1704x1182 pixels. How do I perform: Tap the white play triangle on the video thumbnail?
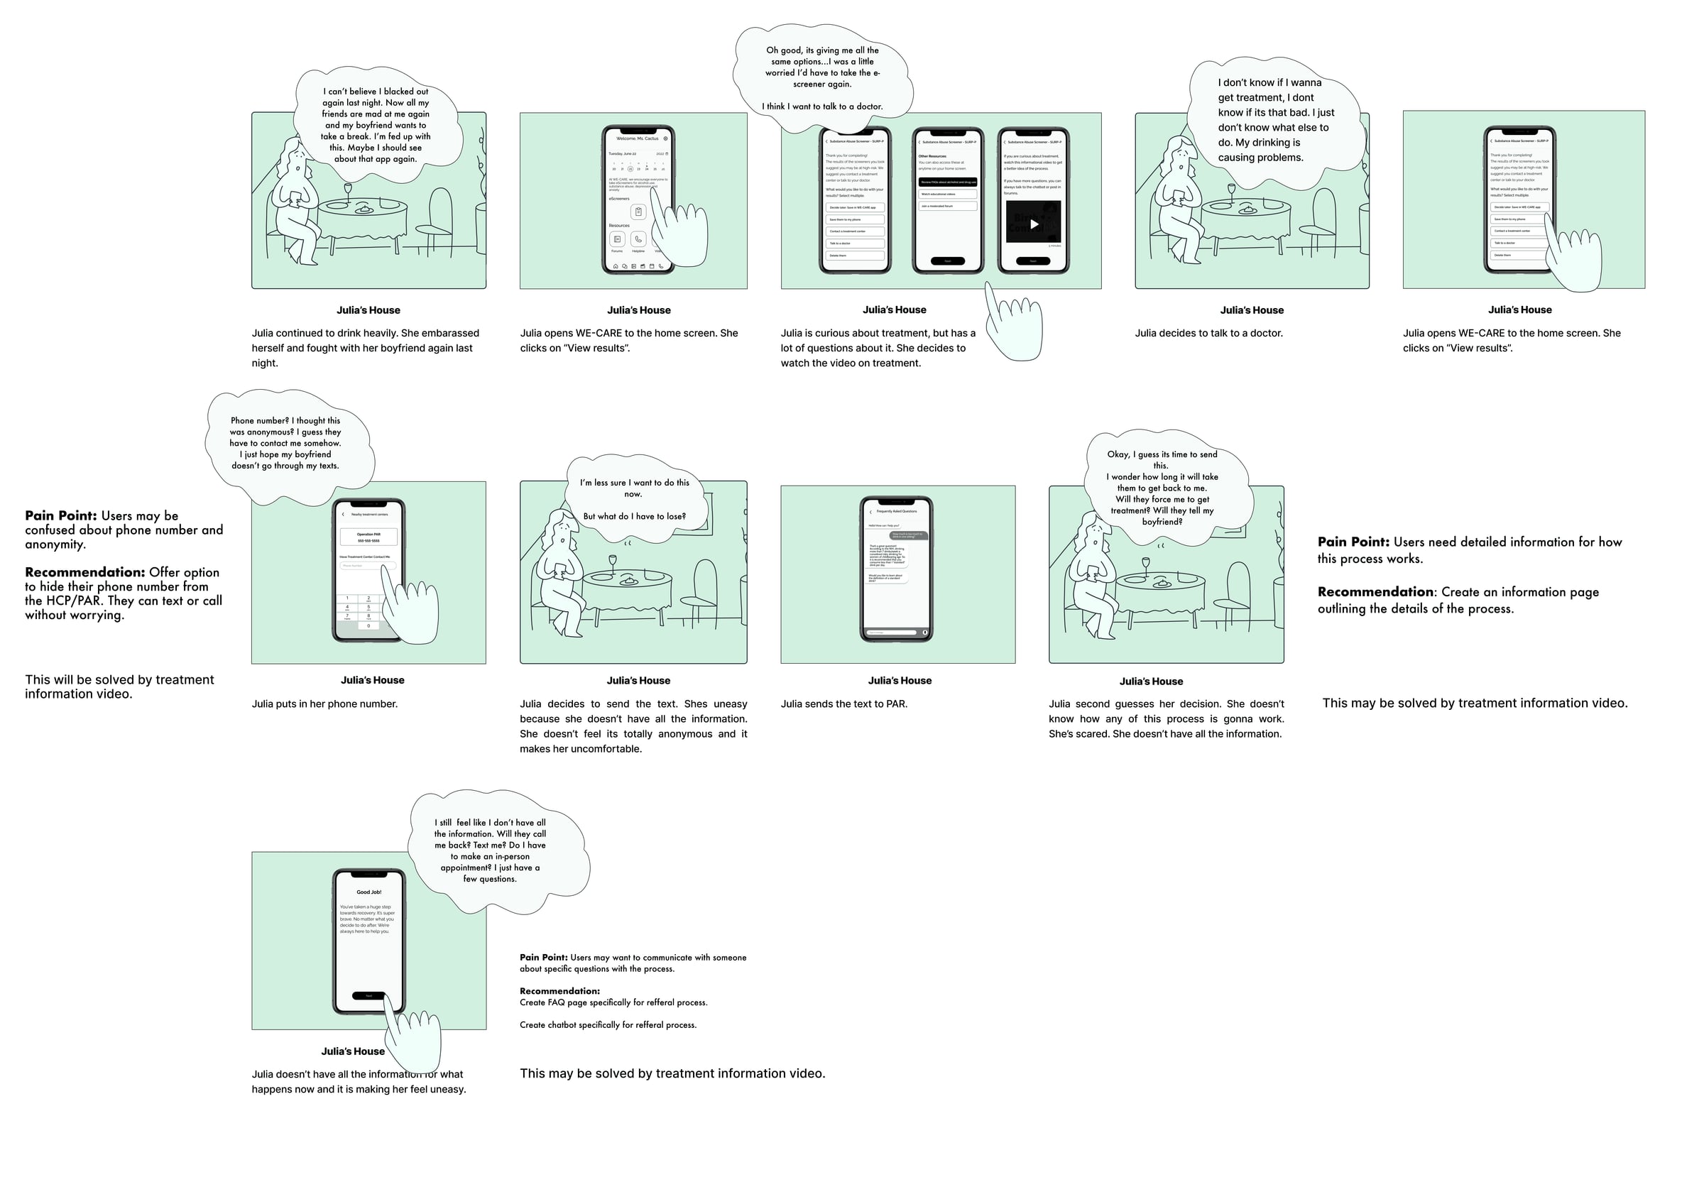coord(1034,224)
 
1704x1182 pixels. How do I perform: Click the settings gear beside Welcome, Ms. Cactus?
coord(665,138)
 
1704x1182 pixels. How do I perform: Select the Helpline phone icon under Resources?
coord(638,239)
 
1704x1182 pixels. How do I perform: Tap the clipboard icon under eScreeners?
coord(638,212)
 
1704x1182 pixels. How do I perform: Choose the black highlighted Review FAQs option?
coord(947,182)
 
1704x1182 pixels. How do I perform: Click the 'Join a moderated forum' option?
coord(947,206)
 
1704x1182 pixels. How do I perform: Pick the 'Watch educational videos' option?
coord(947,194)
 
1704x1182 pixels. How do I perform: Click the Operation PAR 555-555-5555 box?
coord(368,537)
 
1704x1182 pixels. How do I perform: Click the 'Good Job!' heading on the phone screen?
coord(368,892)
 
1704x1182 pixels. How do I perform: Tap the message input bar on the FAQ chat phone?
coord(892,633)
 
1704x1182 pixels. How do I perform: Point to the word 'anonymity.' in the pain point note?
coord(55,545)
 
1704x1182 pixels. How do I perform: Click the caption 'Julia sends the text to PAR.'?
coord(843,704)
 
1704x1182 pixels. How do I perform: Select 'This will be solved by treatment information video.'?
coord(119,686)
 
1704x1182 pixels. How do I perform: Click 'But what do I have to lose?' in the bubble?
coord(634,516)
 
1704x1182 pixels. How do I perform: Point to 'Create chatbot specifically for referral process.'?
coord(607,1025)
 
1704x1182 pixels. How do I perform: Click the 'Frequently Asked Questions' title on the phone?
coord(896,511)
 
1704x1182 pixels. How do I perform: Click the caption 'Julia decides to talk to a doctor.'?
coord(1208,333)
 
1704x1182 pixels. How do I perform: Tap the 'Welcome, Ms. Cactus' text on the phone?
coord(637,138)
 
